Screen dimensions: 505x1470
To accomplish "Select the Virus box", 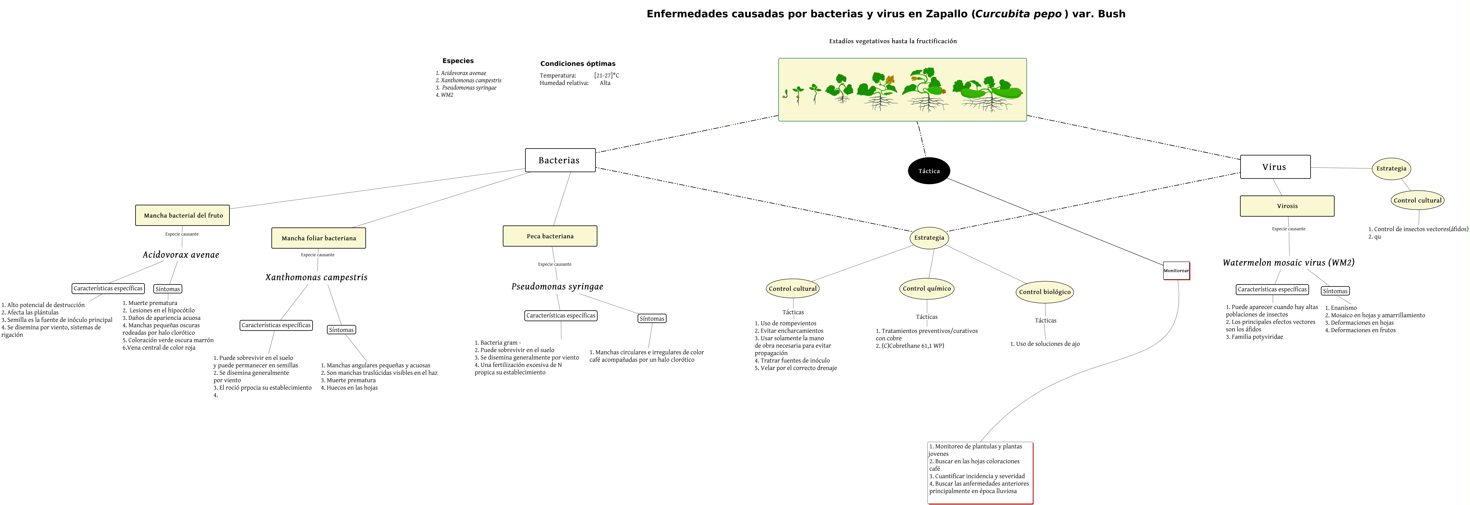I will click(1275, 167).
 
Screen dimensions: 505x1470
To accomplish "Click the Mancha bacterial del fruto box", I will click(183, 215).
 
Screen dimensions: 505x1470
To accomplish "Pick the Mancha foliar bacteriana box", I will click(319, 238).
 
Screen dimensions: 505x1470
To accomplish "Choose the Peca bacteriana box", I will click(549, 236).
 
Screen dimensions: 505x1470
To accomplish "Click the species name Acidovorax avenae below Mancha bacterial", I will click(181, 254).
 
